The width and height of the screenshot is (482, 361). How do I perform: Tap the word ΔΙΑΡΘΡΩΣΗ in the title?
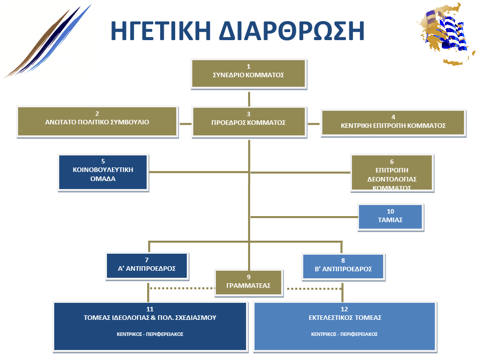[292, 31]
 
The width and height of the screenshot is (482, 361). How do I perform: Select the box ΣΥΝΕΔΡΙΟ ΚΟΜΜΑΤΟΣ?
[249, 73]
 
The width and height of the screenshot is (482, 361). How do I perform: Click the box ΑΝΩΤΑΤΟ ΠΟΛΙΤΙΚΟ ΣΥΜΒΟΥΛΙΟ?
[97, 121]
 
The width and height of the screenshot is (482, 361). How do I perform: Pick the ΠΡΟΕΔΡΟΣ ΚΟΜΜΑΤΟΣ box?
[249, 121]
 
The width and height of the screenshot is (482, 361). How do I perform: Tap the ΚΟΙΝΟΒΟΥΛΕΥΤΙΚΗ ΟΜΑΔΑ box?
[103, 172]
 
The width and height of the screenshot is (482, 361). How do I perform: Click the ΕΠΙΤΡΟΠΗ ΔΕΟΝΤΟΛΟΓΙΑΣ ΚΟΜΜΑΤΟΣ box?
[392, 173]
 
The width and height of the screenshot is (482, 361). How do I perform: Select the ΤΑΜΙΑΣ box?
[391, 217]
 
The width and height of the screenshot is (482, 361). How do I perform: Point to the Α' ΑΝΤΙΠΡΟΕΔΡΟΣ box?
[147, 266]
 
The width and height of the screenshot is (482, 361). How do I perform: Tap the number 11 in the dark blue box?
[150, 309]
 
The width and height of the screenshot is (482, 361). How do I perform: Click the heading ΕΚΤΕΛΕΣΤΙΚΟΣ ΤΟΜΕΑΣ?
[344, 317]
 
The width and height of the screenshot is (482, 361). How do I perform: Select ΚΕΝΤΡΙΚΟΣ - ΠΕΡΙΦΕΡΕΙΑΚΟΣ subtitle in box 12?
[344, 334]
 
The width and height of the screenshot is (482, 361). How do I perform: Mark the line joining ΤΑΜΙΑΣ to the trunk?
[304, 217]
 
